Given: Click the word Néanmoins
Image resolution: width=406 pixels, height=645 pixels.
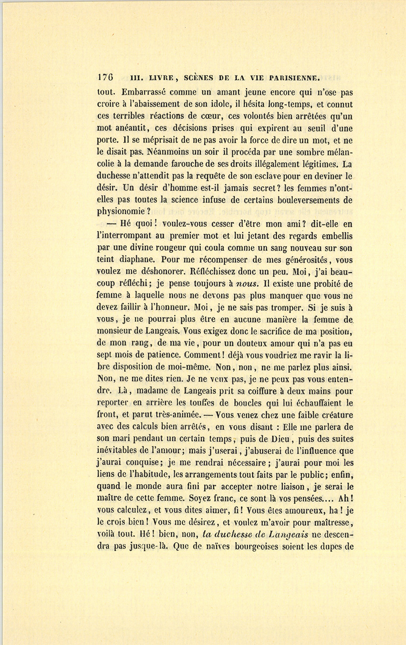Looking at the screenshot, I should tap(165, 152).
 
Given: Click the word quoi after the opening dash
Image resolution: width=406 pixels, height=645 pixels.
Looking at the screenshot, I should tap(143, 224).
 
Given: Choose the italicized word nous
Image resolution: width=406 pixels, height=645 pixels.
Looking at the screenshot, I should tap(247, 284).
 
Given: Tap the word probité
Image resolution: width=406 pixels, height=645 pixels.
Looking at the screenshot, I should tap(329, 284).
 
